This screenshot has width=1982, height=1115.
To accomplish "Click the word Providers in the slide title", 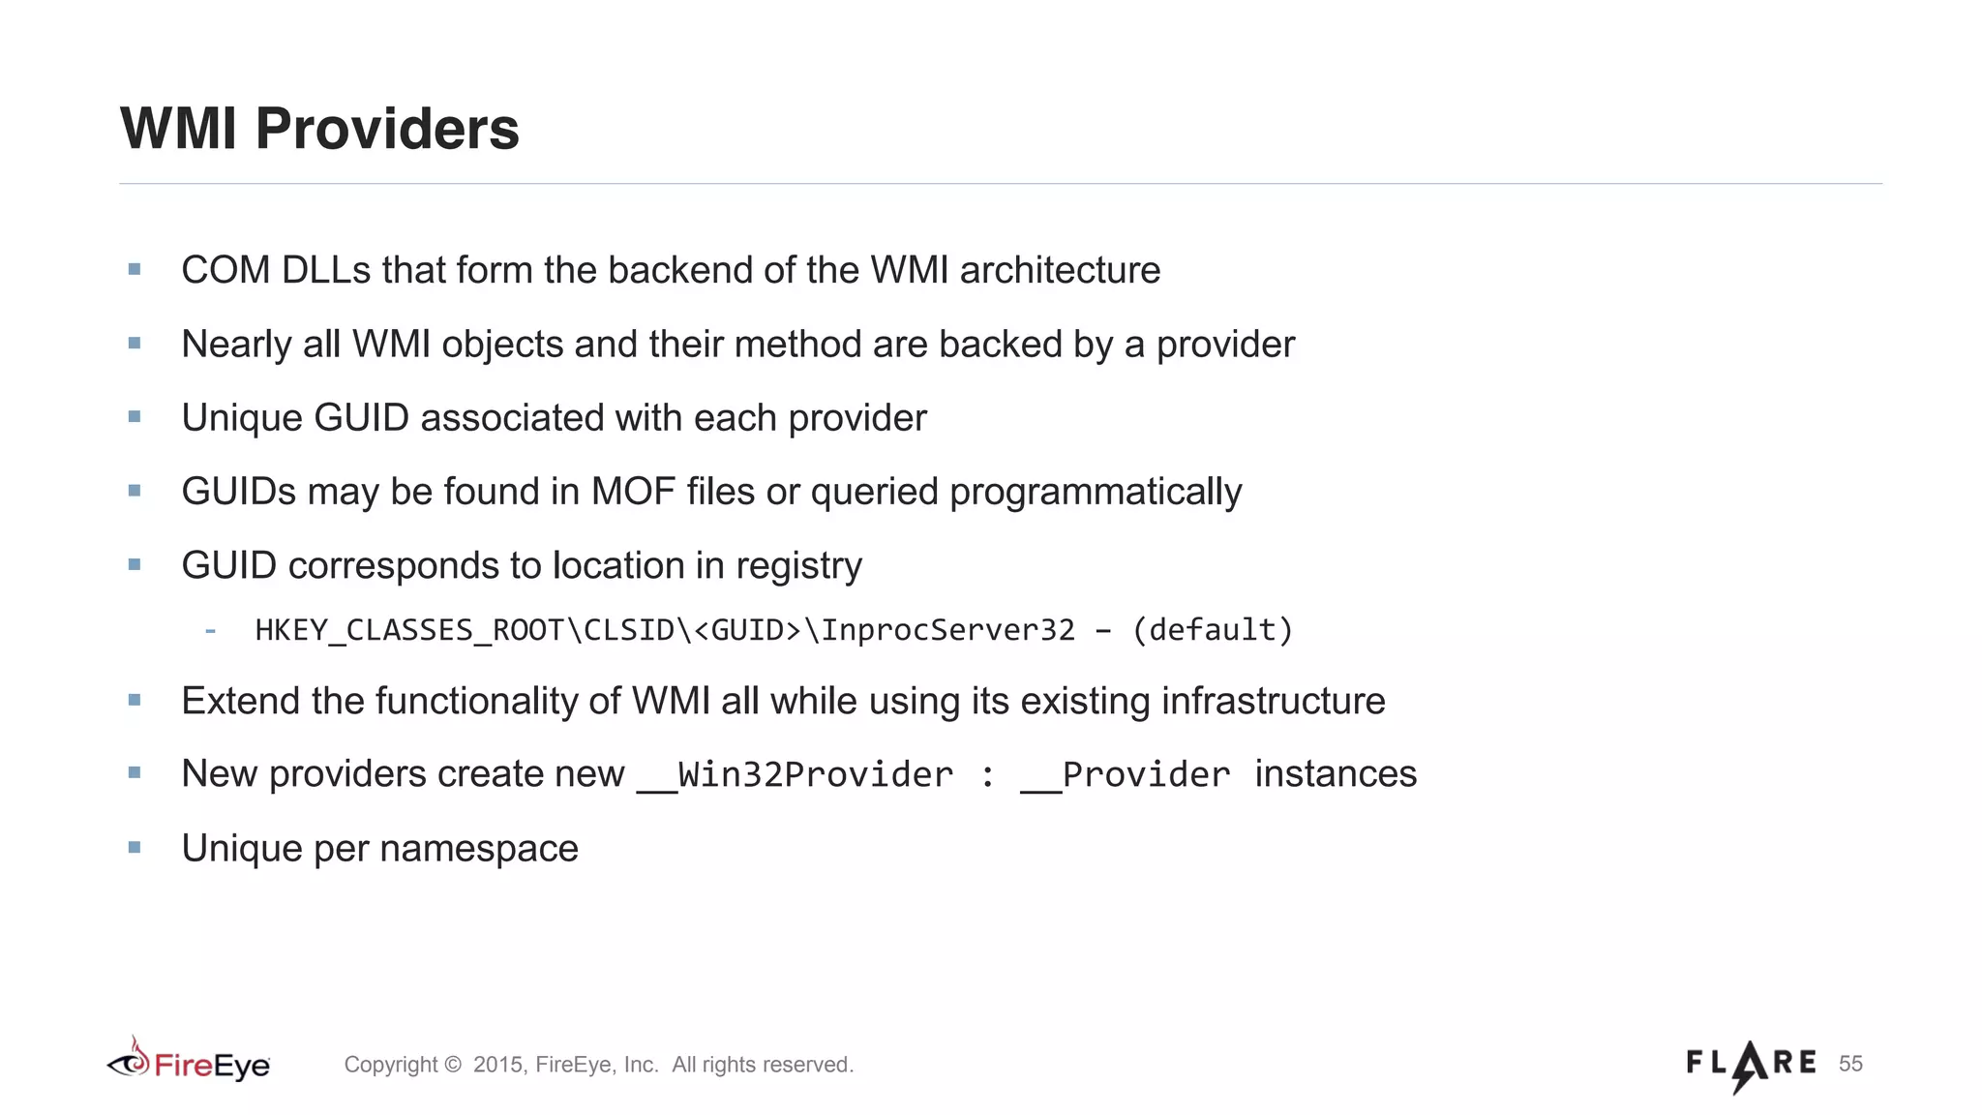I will point(387,129).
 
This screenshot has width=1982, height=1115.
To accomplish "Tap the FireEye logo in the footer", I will point(189,1063).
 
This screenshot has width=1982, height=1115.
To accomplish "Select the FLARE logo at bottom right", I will point(1751,1065).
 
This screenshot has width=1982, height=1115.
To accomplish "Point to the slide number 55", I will point(1850,1064).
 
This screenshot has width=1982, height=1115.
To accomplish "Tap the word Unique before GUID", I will point(242,418).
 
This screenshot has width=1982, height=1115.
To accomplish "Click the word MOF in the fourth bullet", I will point(633,492).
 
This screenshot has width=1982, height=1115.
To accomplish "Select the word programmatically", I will point(1096,492).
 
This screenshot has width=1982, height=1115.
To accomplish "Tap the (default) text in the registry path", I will point(1213,630).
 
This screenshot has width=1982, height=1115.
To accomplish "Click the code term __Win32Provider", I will point(796,774).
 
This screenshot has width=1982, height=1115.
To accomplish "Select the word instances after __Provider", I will point(1336,774).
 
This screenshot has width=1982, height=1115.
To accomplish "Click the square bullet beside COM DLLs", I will point(135,269).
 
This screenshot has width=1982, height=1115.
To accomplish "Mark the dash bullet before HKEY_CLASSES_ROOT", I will point(210,631).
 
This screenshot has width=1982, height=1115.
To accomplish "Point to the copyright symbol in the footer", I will point(452,1065).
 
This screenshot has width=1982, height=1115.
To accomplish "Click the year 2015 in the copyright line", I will point(497,1065).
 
